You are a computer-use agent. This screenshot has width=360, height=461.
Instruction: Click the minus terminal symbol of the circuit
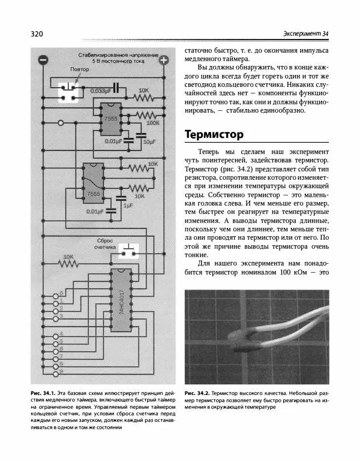[x=43, y=60]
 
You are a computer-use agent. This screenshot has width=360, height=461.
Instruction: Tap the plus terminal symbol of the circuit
[x=163, y=60]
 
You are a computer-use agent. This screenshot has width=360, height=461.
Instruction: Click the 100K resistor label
[x=153, y=122]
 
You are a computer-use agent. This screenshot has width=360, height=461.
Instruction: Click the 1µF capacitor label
[x=127, y=204]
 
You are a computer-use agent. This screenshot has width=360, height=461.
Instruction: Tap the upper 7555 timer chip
[x=110, y=119]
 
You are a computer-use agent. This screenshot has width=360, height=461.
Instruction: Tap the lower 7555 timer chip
[x=92, y=182]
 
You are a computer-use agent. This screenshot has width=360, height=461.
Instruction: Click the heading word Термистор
[x=214, y=134]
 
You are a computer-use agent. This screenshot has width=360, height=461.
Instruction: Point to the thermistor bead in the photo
[x=245, y=341]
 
